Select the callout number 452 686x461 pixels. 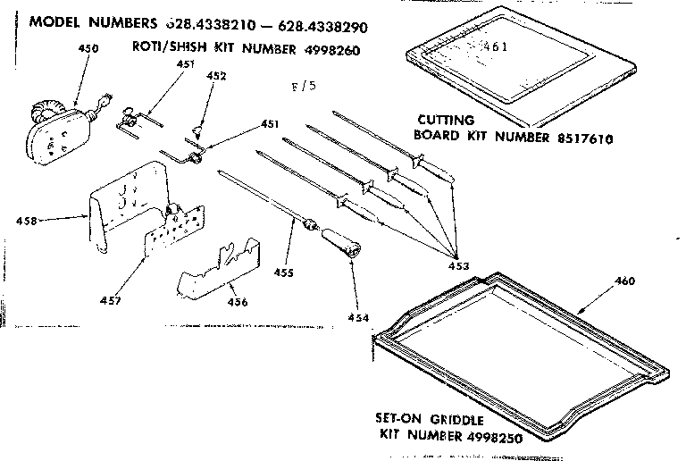tap(216, 77)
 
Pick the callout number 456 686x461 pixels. tap(237, 301)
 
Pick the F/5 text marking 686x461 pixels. tap(305, 87)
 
